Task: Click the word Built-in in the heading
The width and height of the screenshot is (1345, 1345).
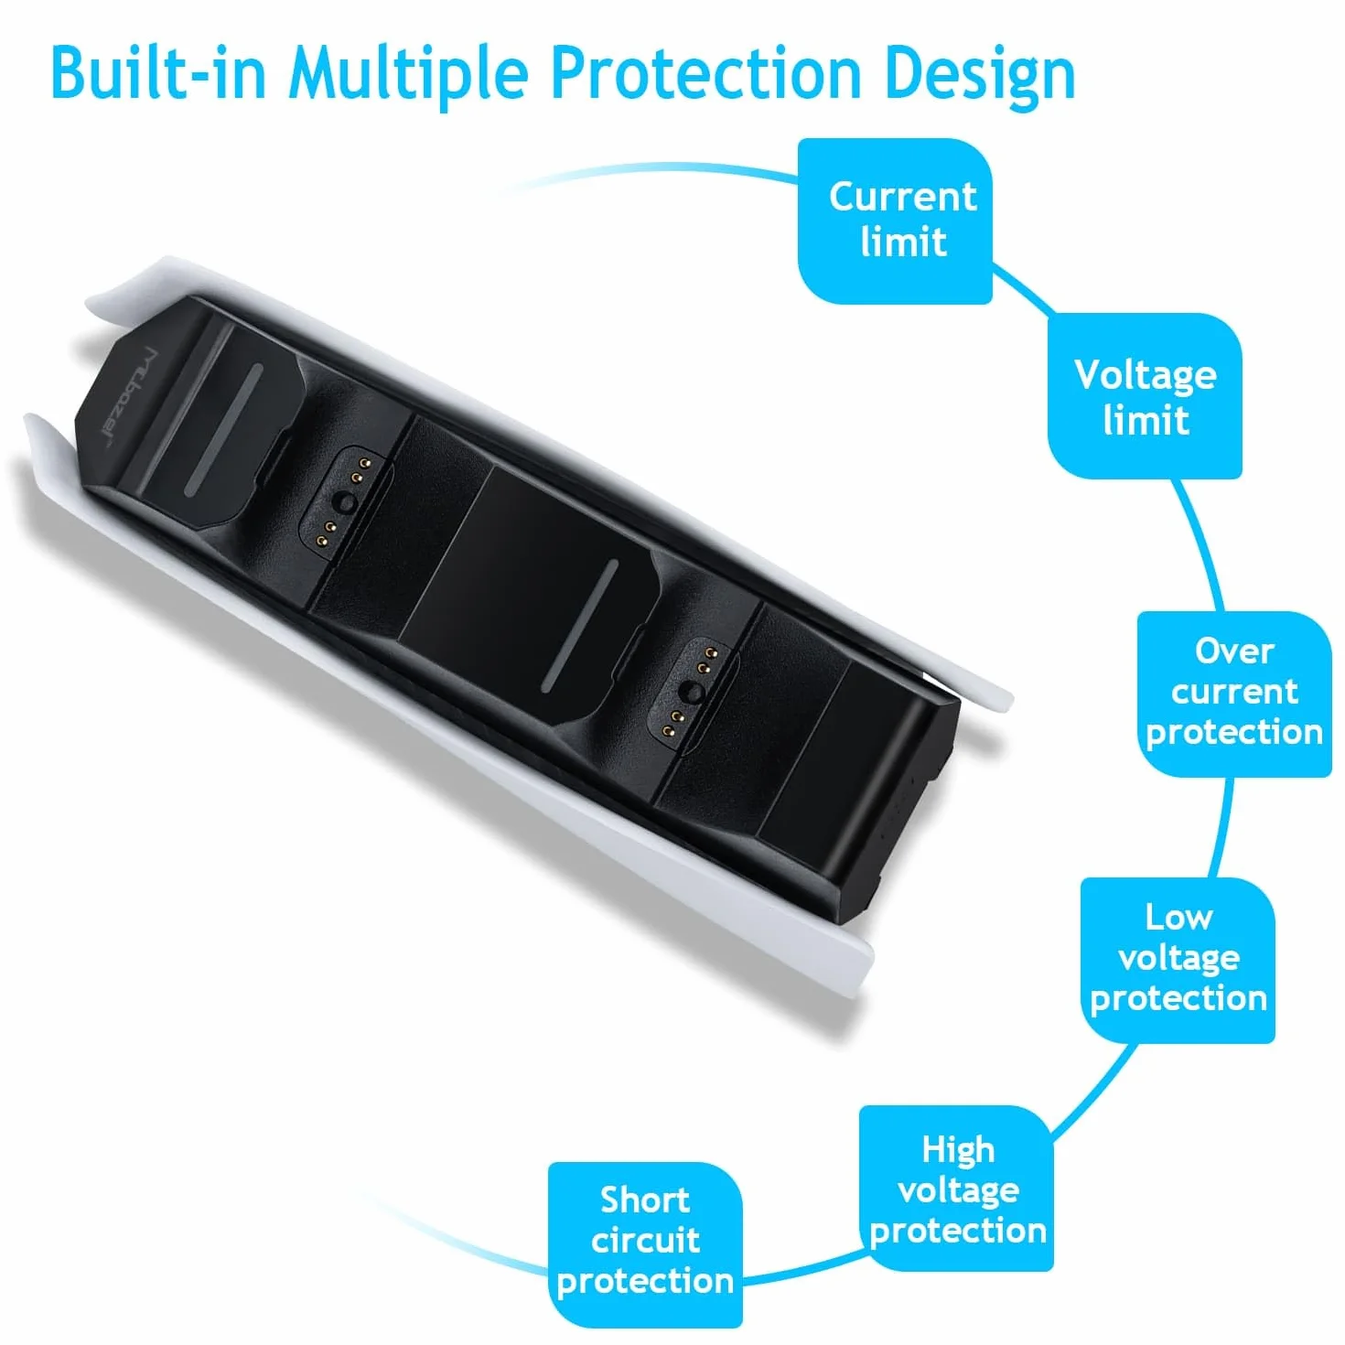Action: coord(158,72)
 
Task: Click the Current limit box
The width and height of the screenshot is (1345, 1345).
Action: coord(894,221)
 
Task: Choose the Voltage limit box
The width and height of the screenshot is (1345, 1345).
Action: coord(1145,396)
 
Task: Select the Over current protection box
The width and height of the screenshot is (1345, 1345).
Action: coord(1234,694)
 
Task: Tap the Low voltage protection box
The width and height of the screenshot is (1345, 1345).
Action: coord(1178,960)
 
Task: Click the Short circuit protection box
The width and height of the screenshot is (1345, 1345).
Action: coord(645,1243)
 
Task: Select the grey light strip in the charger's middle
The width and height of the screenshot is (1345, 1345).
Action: coord(579,626)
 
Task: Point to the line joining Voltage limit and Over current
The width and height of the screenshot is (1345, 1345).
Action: coord(1200,544)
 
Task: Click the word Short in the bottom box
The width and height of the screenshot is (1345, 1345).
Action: coord(645,1201)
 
